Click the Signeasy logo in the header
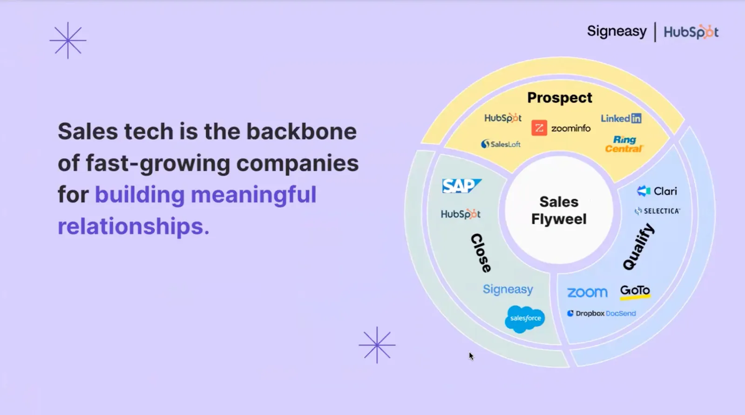point(616,32)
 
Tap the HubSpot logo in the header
point(691,32)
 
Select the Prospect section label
point(560,98)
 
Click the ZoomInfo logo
point(561,128)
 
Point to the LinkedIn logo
point(621,118)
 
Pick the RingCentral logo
point(624,144)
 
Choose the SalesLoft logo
point(501,144)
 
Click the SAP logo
point(461,186)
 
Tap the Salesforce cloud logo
point(525,319)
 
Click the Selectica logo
point(657,211)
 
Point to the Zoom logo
point(587,293)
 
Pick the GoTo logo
point(635,291)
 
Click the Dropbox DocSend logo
point(601,313)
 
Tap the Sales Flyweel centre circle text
point(559,211)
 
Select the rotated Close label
point(481,253)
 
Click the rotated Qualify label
point(639,247)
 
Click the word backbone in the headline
point(301,131)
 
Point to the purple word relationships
point(133,226)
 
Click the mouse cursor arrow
point(471,356)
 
